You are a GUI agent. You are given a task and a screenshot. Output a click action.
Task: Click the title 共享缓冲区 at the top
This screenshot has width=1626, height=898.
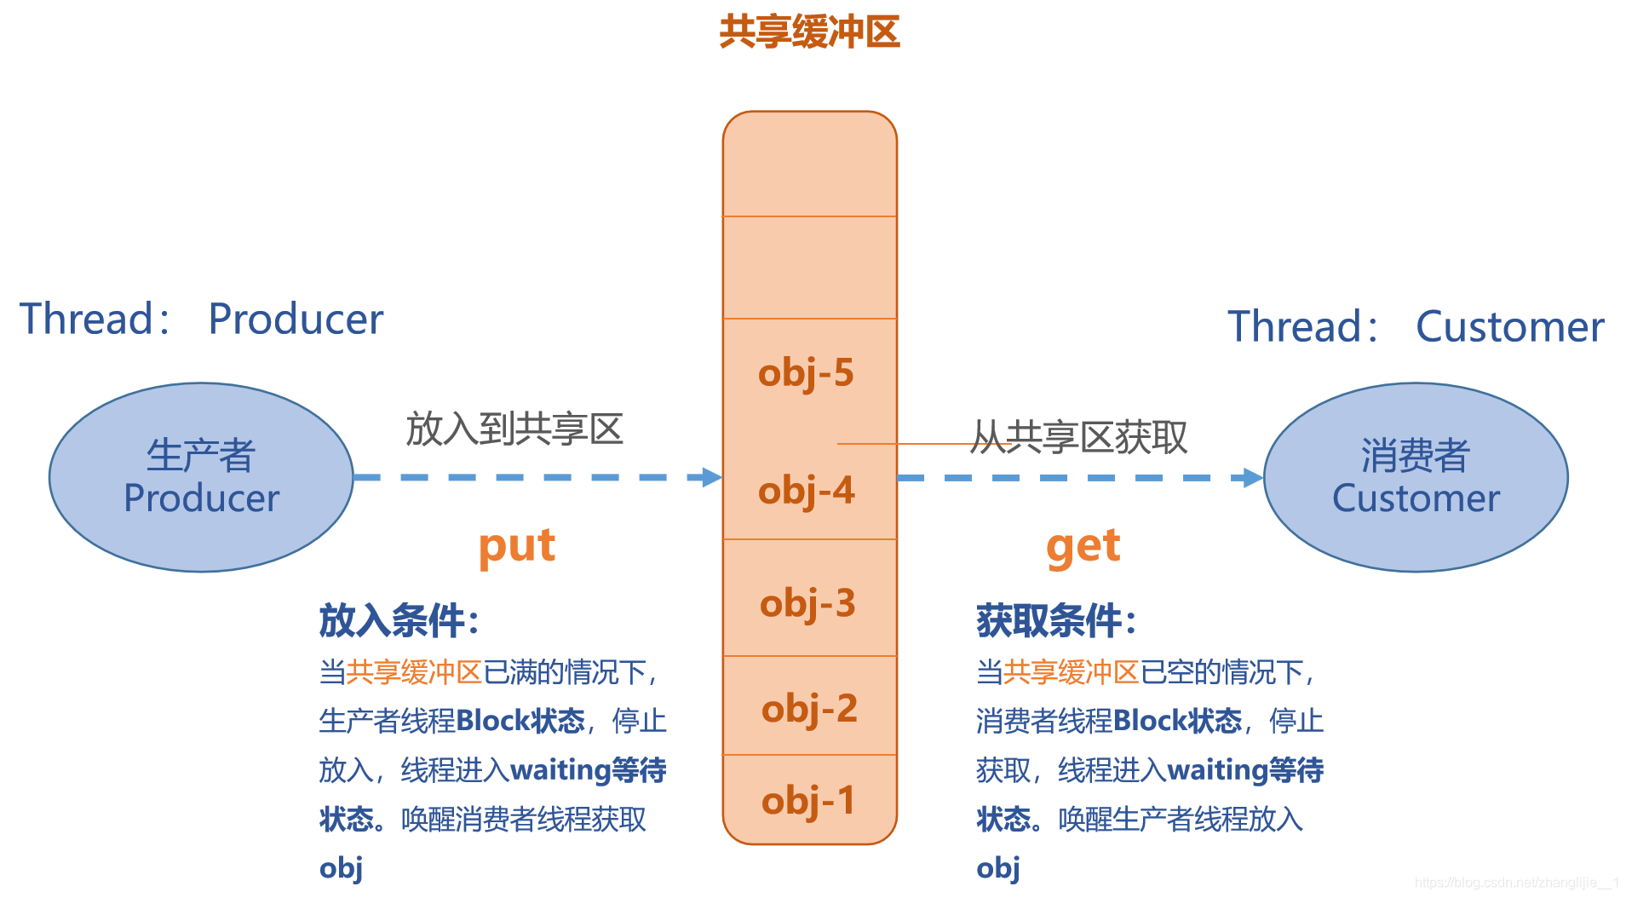pyautogui.click(x=809, y=32)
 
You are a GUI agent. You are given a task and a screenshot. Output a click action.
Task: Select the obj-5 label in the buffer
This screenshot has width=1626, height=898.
pyautogui.click(x=806, y=373)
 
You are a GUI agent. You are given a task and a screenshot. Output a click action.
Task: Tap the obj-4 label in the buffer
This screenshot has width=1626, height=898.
pyautogui.click(x=806, y=491)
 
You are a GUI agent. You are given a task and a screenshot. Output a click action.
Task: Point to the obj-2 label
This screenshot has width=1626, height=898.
pyautogui.click(x=809, y=709)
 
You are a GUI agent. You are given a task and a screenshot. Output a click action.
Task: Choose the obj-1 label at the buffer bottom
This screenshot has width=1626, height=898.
pyautogui.click(x=807, y=801)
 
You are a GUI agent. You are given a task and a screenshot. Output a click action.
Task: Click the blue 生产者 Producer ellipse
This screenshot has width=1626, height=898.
pyautogui.click(x=201, y=477)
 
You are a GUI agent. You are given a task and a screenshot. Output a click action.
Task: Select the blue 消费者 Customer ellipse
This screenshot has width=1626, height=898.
pyautogui.click(x=1415, y=477)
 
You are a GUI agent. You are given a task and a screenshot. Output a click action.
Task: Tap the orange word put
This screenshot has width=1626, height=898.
pyautogui.click(x=516, y=546)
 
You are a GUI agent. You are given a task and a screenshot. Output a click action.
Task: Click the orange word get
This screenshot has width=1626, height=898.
pyautogui.click(x=1083, y=546)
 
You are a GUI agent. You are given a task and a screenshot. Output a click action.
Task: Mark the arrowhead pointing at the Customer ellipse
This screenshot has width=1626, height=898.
pyautogui.click(x=1253, y=478)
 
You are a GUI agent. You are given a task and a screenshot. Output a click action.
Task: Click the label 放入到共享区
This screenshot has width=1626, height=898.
pyautogui.click(x=514, y=429)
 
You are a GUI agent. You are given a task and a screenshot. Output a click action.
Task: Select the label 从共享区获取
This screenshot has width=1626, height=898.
pyautogui.click(x=1079, y=437)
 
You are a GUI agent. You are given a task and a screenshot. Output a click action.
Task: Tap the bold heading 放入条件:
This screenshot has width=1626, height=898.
pyautogui.click(x=399, y=620)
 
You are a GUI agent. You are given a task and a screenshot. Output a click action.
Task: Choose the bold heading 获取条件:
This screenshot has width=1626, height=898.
pyautogui.click(x=1056, y=620)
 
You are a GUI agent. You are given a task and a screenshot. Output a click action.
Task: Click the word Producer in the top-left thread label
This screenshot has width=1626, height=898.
pyautogui.click(x=296, y=319)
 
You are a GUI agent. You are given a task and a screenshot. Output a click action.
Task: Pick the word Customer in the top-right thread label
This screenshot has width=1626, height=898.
pyautogui.click(x=1509, y=327)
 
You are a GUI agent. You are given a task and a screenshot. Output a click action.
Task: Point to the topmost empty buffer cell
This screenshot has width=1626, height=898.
pyautogui.click(x=809, y=164)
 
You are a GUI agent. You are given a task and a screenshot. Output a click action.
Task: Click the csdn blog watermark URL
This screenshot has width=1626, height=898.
pyautogui.click(x=1516, y=883)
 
